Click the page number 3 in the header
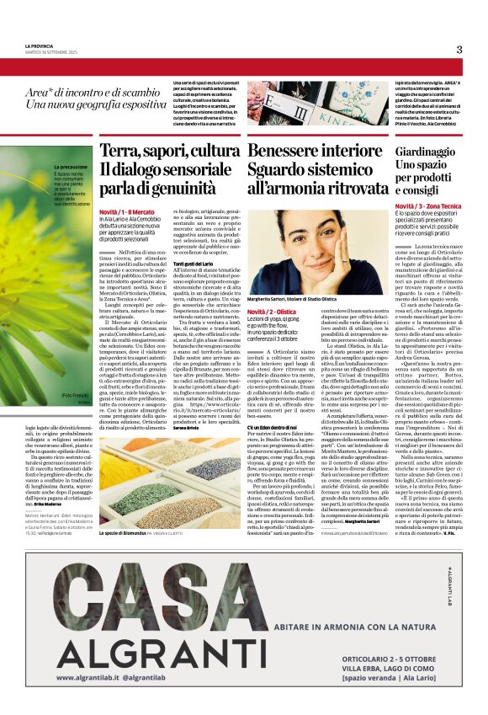(x=459, y=50)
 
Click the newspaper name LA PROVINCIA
(x=40, y=45)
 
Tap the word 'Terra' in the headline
(x=118, y=151)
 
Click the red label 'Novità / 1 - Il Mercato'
(x=129, y=211)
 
